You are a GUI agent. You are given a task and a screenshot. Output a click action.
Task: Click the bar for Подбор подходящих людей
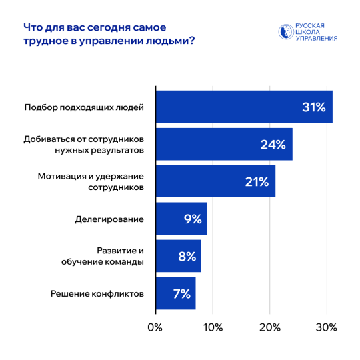click(243, 107)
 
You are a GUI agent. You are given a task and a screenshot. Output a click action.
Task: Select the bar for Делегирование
click(181, 219)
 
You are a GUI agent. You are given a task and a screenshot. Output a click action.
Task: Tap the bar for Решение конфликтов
click(175, 293)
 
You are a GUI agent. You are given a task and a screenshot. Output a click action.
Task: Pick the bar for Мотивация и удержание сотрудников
click(215, 181)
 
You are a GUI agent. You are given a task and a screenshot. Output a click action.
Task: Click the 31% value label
click(313, 107)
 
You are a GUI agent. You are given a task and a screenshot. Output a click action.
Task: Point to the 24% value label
click(273, 144)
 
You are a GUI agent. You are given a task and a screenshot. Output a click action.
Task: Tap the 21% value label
click(256, 181)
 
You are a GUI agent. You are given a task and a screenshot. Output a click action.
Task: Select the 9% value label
click(192, 219)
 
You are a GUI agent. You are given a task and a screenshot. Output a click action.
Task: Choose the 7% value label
click(181, 293)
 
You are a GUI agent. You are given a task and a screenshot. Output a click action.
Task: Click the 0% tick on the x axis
click(155, 327)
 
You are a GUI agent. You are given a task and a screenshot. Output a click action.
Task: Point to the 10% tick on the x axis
click(212, 327)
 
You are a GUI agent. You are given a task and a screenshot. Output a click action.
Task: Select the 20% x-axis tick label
click(269, 327)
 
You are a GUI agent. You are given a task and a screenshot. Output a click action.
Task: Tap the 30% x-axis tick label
click(326, 327)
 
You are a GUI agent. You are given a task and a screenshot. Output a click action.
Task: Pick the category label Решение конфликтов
click(97, 293)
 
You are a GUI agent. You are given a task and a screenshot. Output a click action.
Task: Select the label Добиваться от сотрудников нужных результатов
click(83, 144)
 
